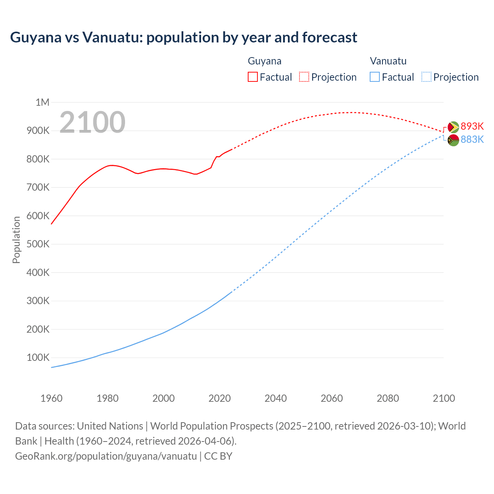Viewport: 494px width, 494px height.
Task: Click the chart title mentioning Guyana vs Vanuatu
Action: click(184, 37)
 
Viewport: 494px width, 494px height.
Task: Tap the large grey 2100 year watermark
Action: click(92, 122)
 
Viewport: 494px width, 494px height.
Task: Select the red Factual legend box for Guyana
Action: click(252, 77)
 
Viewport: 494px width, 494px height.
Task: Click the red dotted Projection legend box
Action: click(304, 77)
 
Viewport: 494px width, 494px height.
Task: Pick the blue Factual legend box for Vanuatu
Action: click(374, 77)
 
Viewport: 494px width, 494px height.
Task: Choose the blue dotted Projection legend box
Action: click(426, 77)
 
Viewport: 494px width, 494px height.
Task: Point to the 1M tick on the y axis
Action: click(42, 102)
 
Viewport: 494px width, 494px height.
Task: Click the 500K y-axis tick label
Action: click(38, 244)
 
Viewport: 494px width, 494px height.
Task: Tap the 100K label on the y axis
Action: click(38, 357)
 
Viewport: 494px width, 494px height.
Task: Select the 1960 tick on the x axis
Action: click(51, 398)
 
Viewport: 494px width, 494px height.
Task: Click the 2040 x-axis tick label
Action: click(276, 398)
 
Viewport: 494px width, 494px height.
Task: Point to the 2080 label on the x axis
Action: click(387, 398)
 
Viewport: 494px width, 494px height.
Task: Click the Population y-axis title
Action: click(16, 240)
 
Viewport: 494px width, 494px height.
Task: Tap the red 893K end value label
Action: click(472, 127)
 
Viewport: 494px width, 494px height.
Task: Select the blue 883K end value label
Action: click(472, 139)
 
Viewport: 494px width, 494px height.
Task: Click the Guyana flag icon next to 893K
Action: click(453, 127)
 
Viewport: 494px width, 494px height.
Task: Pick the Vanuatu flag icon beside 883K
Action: click(453, 140)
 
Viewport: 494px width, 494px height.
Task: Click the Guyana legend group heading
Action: click(264, 61)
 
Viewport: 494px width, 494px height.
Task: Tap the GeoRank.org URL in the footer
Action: click(106, 456)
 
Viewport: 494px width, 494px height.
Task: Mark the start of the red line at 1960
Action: click(51, 224)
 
